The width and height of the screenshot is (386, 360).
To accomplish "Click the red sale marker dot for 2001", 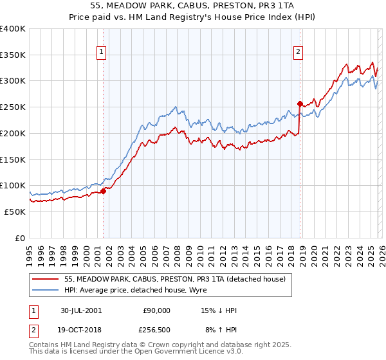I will pyautogui.click(x=103, y=190).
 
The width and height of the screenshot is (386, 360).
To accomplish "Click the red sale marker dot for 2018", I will pyautogui.click(x=300, y=103).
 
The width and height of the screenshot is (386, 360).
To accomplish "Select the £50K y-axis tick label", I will pyautogui.click(x=15, y=212).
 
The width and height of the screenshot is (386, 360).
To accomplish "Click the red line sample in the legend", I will pyautogui.click(x=46, y=279).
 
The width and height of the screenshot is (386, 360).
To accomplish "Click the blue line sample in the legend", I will pyautogui.click(x=46, y=290).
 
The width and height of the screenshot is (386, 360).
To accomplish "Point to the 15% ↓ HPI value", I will pyautogui.click(x=219, y=310).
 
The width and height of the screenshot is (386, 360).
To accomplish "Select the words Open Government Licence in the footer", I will pyautogui.click(x=184, y=353).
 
